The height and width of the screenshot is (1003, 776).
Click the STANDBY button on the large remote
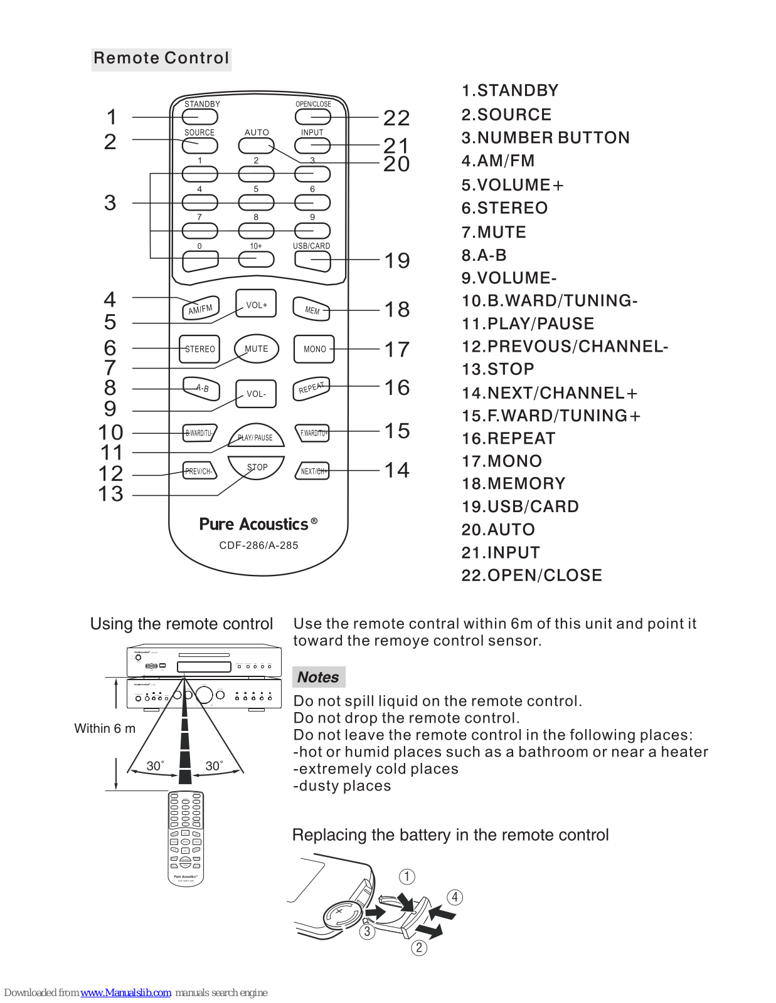click(x=200, y=117)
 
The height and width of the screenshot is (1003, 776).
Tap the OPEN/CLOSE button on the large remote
click(x=312, y=117)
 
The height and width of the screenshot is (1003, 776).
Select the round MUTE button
click(x=256, y=349)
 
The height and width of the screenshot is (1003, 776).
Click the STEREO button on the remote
click(x=199, y=349)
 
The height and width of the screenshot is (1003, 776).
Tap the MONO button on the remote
click(x=314, y=349)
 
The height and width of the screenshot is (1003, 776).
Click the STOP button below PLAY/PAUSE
click(x=257, y=468)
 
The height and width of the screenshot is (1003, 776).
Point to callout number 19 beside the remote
click(x=397, y=260)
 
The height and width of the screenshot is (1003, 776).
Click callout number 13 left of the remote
click(x=111, y=494)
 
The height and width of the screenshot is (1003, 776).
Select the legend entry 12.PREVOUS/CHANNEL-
click(x=565, y=347)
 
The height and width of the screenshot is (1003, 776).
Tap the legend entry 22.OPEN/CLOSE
click(x=531, y=575)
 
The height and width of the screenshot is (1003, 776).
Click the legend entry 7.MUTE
click(x=494, y=232)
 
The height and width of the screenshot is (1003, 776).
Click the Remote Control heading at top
click(x=161, y=59)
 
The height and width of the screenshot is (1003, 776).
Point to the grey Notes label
click(x=318, y=677)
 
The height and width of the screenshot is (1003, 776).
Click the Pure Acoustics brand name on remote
click(x=254, y=524)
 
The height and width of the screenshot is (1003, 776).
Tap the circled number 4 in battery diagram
click(x=455, y=897)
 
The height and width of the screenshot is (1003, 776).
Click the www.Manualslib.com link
click(x=125, y=992)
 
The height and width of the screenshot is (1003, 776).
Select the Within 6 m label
click(x=105, y=728)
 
